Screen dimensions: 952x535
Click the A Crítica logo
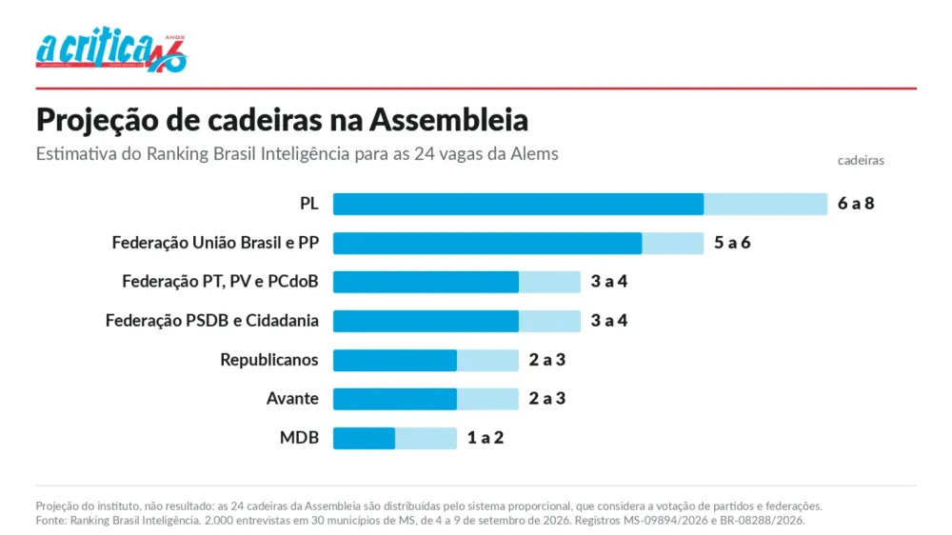pyautogui.click(x=111, y=50)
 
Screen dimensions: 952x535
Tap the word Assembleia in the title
pyautogui.click(x=448, y=120)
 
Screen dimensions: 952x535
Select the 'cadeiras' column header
pyautogui.click(x=861, y=160)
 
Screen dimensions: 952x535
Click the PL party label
pyautogui.click(x=309, y=204)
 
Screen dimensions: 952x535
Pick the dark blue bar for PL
pyautogui.click(x=519, y=204)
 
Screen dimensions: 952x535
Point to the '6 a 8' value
pyautogui.click(x=856, y=204)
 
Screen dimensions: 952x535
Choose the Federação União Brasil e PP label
pyautogui.click(x=215, y=243)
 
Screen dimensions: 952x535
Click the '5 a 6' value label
pyautogui.click(x=731, y=243)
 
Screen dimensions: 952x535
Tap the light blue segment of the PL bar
pyautogui.click(x=765, y=204)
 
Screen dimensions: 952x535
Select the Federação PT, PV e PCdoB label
pyautogui.click(x=220, y=282)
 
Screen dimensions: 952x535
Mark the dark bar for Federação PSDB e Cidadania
pyautogui.click(x=426, y=321)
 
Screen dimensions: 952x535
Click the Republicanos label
pyautogui.click(x=269, y=360)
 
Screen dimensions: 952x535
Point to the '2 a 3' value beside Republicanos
pyautogui.click(x=547, y=360)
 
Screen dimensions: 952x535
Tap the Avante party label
pyautogui.click(x=292, y=398)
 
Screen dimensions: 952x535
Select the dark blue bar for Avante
pyautogui.click(x=395, y=399)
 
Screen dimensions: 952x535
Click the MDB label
pyautogui.click(x=299, y=437)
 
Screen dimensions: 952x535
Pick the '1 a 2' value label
pyautogui.click(x=486, y=437)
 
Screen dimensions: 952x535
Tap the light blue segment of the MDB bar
pyautogui.click(x=426, y=438)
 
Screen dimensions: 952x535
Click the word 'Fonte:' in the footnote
pyautogui.click(x=51, y=521)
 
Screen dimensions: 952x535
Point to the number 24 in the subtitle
pyautogui.click(x=425, y=153)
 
